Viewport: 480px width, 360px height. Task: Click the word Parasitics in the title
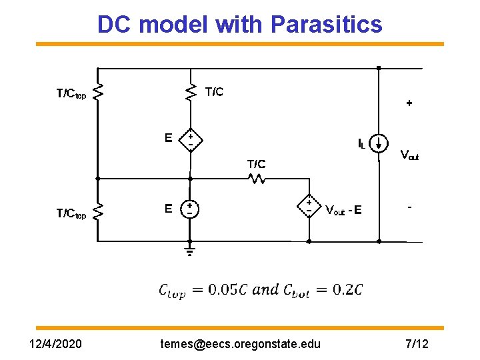pyautogui.click(x=327, y=25)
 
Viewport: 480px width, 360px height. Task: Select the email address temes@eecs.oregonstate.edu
pyautogui.click(x=241, y=344)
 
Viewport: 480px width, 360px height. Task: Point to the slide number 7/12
pyautogui.click(x=417, y=344)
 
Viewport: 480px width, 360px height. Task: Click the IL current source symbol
pyautogui.click(x=379, y=143)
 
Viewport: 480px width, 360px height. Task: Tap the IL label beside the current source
pyautogui.click(x=361, y=143)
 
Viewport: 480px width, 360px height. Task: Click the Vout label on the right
pyautogui.click(x=409, y=155)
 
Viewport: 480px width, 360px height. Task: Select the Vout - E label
pyautogui.click(x=343, y=211)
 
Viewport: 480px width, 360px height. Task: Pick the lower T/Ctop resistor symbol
pyautogui.click(x=98, y=213)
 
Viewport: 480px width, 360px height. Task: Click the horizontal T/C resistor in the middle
pyautogui.click(x=257, y=179)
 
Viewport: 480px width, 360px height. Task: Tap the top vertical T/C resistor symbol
pyautogui.click(x=191, y=91)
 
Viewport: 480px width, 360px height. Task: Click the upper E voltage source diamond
pyautogui.click(x=190, y=139)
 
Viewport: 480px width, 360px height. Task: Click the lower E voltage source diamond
pyautogui.click(x=190, y=209)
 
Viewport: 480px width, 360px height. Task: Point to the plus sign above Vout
pyautogui.click(x=409, y=103)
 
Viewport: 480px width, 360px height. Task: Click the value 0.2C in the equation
pyautogui.click(x=349, y=289)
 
